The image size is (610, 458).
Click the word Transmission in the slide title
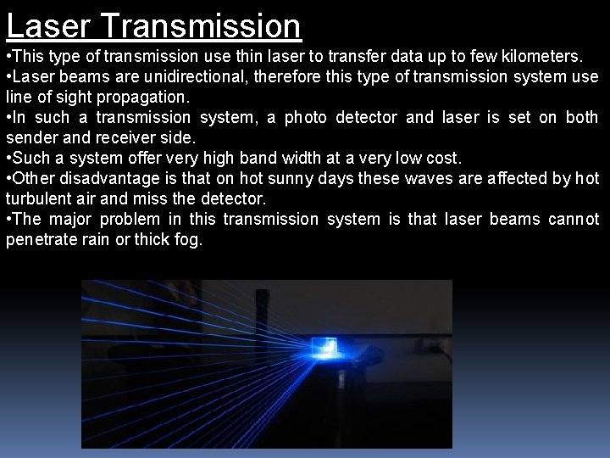pyautogui.click(x=201, y=26)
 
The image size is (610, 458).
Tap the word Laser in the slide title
pyautogui.click(x=49, y=26)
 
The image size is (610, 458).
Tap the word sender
pyautogui.click(x=30, y=138)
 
